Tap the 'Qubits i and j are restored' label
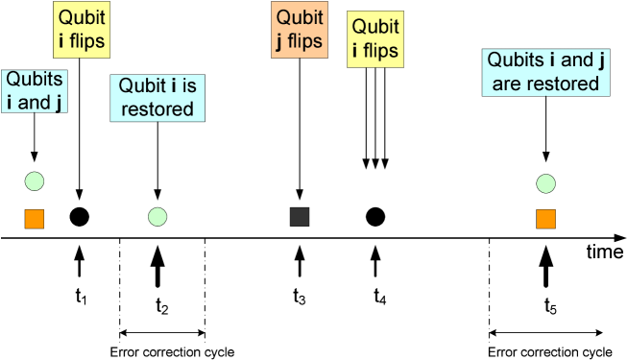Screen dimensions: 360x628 545,72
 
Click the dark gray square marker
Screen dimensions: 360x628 300,216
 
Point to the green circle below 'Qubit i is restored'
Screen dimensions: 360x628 157,217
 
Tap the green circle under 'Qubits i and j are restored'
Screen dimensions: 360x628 545,183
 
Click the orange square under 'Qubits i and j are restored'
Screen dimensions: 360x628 545,219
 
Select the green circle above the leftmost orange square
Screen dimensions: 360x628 35,180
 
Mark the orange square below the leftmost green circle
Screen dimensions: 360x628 35,219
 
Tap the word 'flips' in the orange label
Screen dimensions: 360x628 305,40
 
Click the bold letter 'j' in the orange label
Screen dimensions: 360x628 282,41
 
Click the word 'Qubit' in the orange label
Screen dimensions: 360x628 298,17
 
